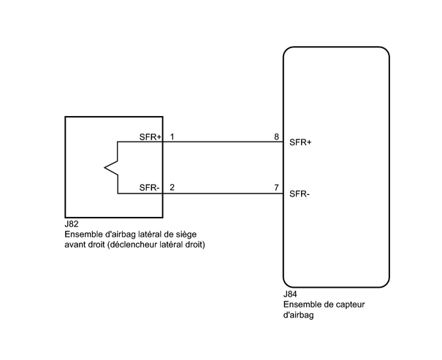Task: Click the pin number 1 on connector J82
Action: point(172,137)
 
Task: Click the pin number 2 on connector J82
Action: point(172,188)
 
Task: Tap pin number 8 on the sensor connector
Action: point(275,137)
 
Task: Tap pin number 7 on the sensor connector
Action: point(276,188)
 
